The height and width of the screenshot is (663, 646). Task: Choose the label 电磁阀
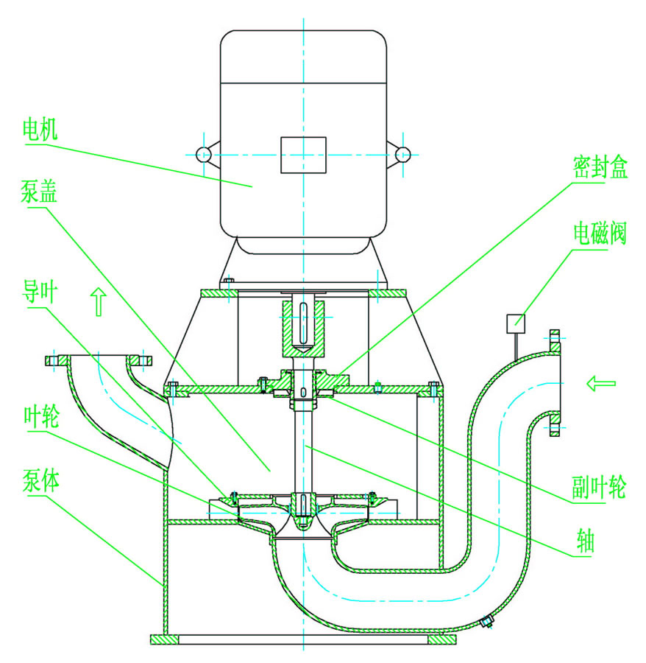pos(600,234)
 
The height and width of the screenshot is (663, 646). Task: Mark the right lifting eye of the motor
pos(402,154)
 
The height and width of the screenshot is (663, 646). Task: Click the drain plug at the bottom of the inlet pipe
pos(486,623)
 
